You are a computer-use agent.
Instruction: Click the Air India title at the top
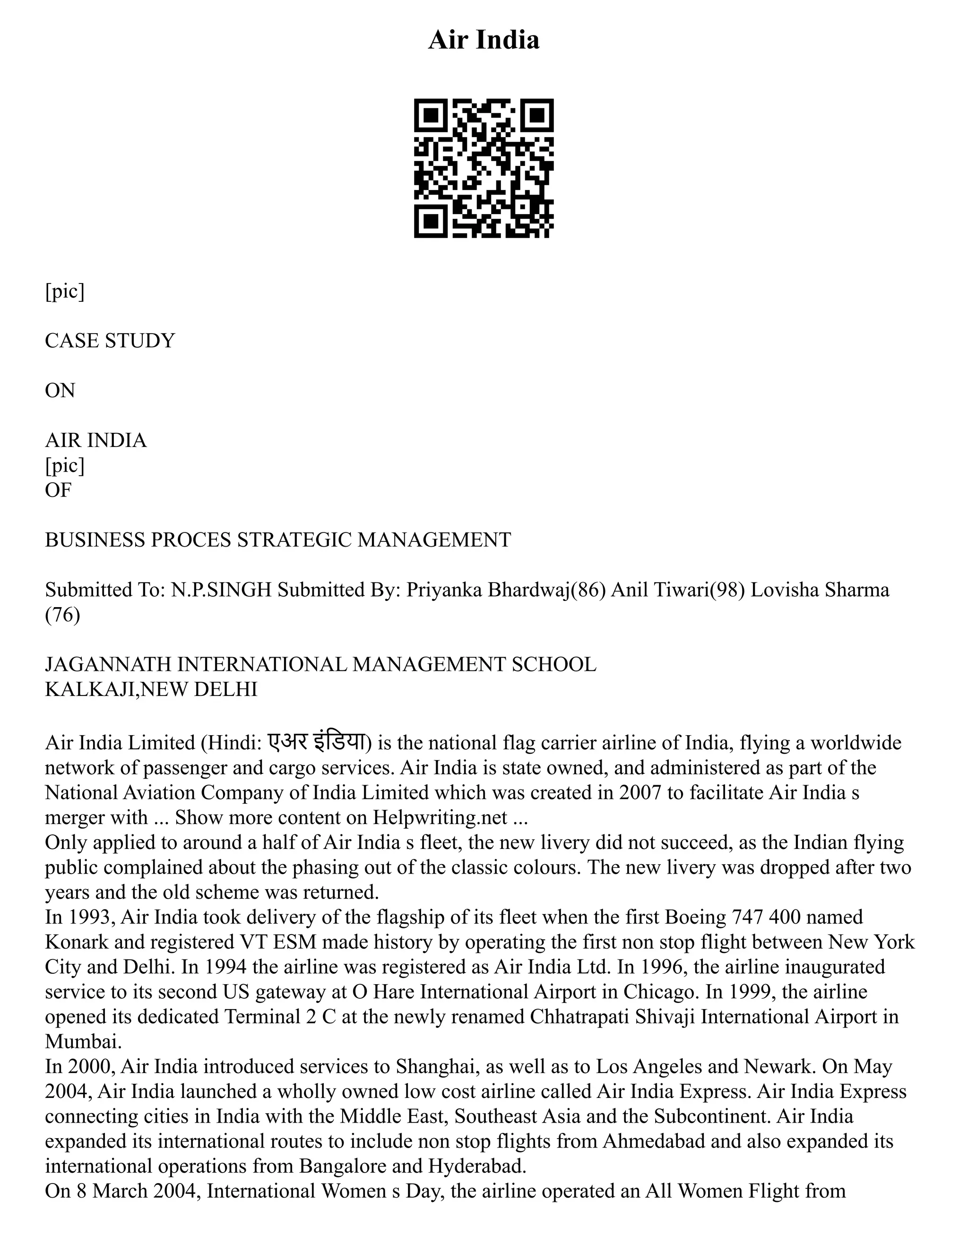pyautogui.click(x=484, y=40)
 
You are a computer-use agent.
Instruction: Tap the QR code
pyautogui.click(x=484, y=168)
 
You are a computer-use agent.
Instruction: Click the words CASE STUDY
pyautogui.click(x=110, y=341)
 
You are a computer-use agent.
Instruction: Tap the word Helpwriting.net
pyautogui.click(x=440, y=817)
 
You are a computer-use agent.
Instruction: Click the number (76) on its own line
pyautogui.click(x=62, y=615)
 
